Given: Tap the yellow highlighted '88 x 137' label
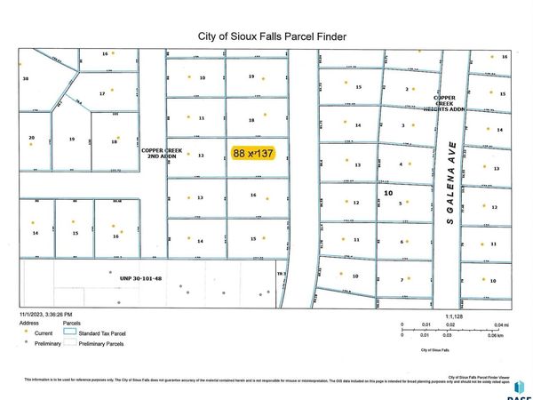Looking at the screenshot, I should pyautogui.click(x=253, y=153).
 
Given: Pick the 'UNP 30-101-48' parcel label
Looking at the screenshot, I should pyautogui.click(x=140, y=278).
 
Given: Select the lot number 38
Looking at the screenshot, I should pyautogui.click(x=26, y=79).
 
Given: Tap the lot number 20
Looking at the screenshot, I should pyautogui.click(x=32, y=138).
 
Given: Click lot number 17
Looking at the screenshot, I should pyautogui.click(x=103, y=92).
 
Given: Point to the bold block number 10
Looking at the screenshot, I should pyautogui.click(x=387, y=192).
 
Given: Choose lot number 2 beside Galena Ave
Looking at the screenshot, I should pyautogui.click(x=406, y=89).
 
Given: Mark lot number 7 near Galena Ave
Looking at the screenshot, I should pyautogui.click(x=402, y=280).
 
